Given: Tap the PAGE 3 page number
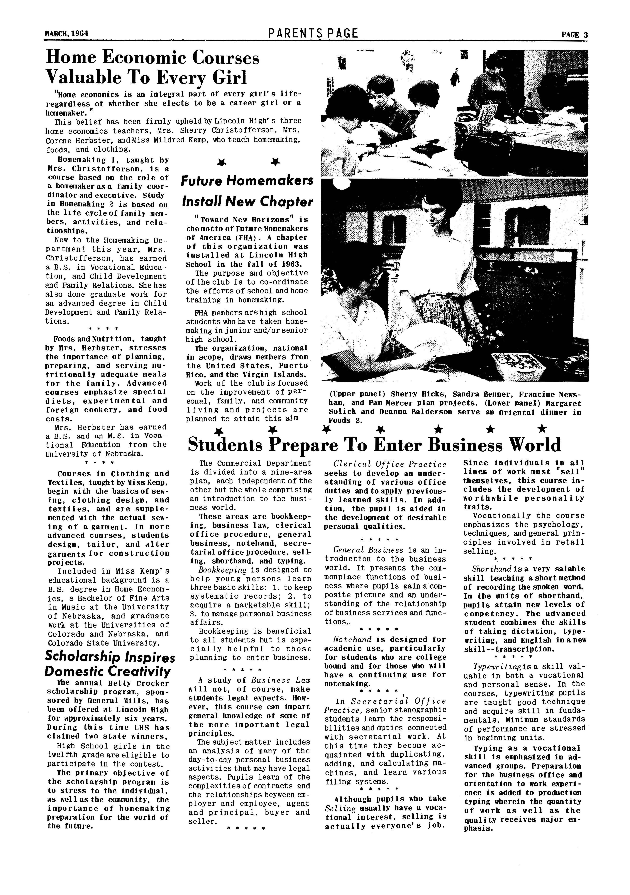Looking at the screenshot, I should click(x=574, y=35).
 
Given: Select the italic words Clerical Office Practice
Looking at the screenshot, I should click(x=390, y=464).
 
